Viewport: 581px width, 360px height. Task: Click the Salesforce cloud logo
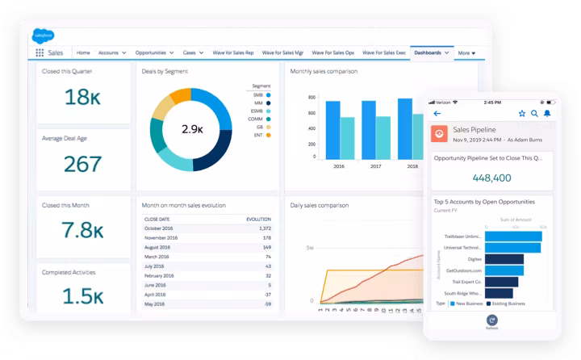click(x=43, y=35)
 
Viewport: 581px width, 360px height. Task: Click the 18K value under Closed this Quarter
click(x=81, y=97)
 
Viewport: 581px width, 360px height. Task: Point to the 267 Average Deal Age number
click(x=82, y=165)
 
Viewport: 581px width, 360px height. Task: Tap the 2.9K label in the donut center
click(x=191, y=129)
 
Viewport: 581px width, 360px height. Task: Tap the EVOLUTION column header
click(x=258, y=219)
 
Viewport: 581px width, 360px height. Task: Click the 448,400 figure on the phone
click(x=491, y=178)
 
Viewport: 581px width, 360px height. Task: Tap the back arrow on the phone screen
click(x=438, y=113)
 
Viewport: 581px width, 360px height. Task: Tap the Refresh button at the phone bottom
click(x=492, y=323)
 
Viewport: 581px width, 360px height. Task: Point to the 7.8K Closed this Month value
click(x=81, y=231)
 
